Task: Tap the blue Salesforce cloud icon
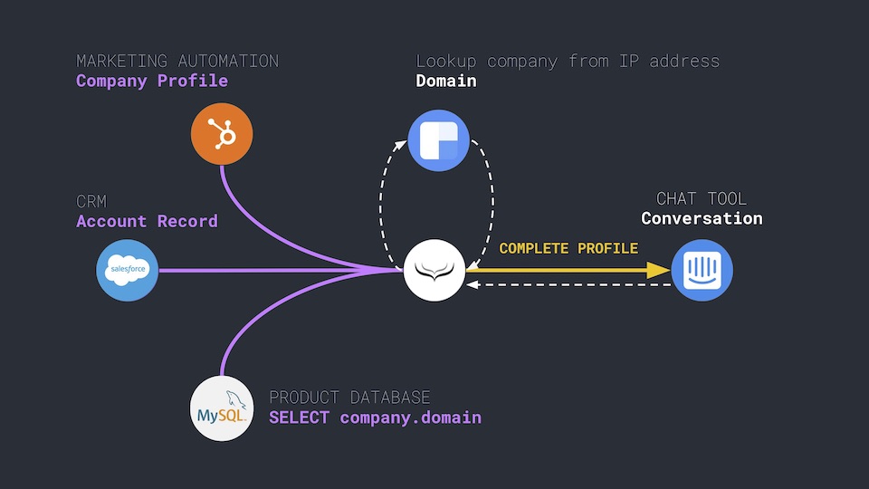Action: (128, 269)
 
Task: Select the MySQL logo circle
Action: (222, 409)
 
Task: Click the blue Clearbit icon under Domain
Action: (439, 139)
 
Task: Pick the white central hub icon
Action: (434, 270)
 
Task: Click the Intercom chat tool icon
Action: (702, 270)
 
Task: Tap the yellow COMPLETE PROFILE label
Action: (568, 248)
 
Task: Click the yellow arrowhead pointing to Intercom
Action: (659, 269)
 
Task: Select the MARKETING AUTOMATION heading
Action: (177, 61)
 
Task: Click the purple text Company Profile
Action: (152, 81)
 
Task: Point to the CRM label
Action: (91, 201)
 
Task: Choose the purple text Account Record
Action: (147, 221)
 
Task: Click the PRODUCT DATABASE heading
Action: (349, 398)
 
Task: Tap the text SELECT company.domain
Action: (375, 417)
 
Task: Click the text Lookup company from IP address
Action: (568, 61)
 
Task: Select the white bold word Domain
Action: (446, 81)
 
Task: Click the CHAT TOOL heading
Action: (702, 198)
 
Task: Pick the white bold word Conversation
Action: (702, 218)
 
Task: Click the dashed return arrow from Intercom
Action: (570, 284)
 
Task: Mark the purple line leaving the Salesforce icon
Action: (272, 269)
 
